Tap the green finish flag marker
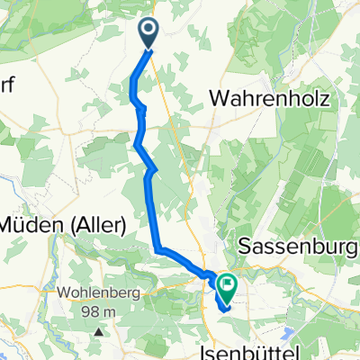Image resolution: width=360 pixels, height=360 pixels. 226,287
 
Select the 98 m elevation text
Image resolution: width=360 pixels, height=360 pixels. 97,311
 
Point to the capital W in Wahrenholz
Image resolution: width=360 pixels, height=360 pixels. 219,97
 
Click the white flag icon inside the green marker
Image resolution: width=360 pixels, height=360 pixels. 226,287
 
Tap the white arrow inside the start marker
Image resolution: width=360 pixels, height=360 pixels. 149,31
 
